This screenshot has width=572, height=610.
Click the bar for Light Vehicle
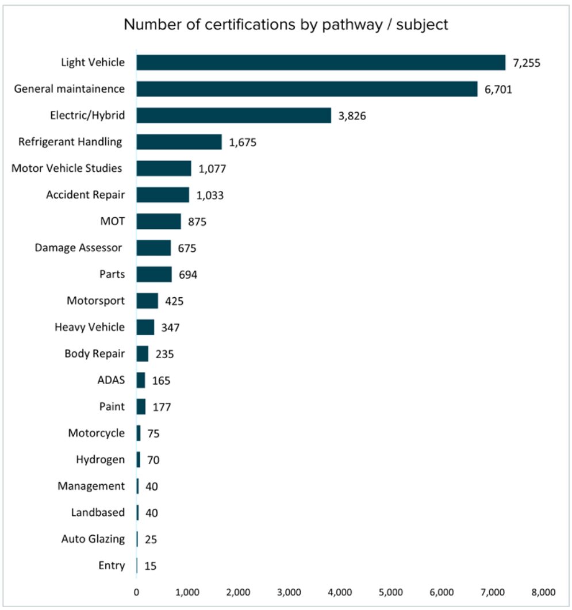321,63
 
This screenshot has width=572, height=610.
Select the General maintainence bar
307,89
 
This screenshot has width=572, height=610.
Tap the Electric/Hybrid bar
234,116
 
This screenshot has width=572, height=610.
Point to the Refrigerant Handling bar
179,142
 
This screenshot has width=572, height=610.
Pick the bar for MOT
159,221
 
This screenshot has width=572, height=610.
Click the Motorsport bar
148,301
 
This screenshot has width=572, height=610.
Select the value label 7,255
527,63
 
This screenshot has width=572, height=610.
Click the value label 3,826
352,116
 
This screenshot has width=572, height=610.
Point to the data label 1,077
212,169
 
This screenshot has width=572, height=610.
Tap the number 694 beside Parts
188,275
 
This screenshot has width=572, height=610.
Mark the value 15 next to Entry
150,566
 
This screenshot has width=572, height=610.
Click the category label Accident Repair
86,194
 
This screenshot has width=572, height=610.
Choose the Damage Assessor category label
78,248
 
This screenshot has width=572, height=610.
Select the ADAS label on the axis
112,380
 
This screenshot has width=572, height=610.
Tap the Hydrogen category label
101,460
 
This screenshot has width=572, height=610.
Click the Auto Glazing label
93,539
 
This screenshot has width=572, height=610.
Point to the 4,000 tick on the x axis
340,593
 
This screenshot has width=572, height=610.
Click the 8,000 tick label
544,593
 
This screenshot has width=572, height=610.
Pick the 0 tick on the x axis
136,593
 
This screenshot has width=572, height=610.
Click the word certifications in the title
250,25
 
